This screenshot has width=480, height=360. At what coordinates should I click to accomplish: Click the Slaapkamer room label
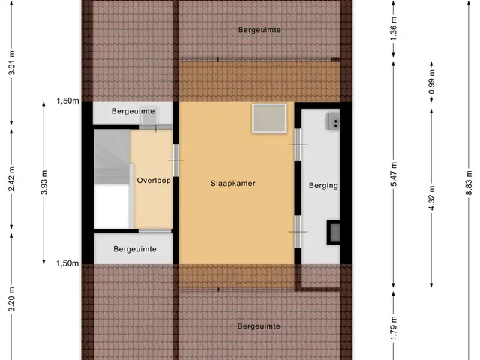tap(233, 183)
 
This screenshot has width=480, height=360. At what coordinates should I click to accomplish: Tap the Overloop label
tap(154, 181)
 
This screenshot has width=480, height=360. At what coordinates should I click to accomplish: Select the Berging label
tap(323, 185)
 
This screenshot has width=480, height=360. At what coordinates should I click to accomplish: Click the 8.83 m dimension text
tap(469, 183)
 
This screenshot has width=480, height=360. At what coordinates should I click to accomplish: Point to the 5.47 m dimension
tap(394, 174)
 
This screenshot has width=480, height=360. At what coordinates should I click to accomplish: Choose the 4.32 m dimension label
tap(432, 198)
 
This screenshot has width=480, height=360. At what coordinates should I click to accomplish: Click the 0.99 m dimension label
tap(432, 82)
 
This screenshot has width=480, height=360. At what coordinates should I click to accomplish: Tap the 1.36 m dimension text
tap(394, 28)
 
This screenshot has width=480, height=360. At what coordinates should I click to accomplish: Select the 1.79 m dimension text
tap(394, 328)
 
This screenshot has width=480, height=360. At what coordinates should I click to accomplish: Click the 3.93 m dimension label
tap(44, 182)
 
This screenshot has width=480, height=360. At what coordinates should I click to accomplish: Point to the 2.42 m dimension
tap(12, 179)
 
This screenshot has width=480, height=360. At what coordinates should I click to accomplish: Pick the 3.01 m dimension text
tap(12, 63)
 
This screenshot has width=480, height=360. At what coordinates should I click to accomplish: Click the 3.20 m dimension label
tap(12, 299)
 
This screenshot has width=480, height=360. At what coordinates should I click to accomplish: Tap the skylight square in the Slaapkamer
tap(269, 118)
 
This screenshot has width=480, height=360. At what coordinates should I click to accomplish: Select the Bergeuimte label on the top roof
tap(259, 30)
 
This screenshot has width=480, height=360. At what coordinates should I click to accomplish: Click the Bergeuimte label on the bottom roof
tap(259, 326)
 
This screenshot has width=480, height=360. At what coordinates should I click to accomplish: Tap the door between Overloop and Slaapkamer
tap(176, 160)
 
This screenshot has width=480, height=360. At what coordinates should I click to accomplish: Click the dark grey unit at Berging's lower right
tap(334, 232)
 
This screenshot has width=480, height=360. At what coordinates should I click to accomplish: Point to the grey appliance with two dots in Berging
tap(334, 121)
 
